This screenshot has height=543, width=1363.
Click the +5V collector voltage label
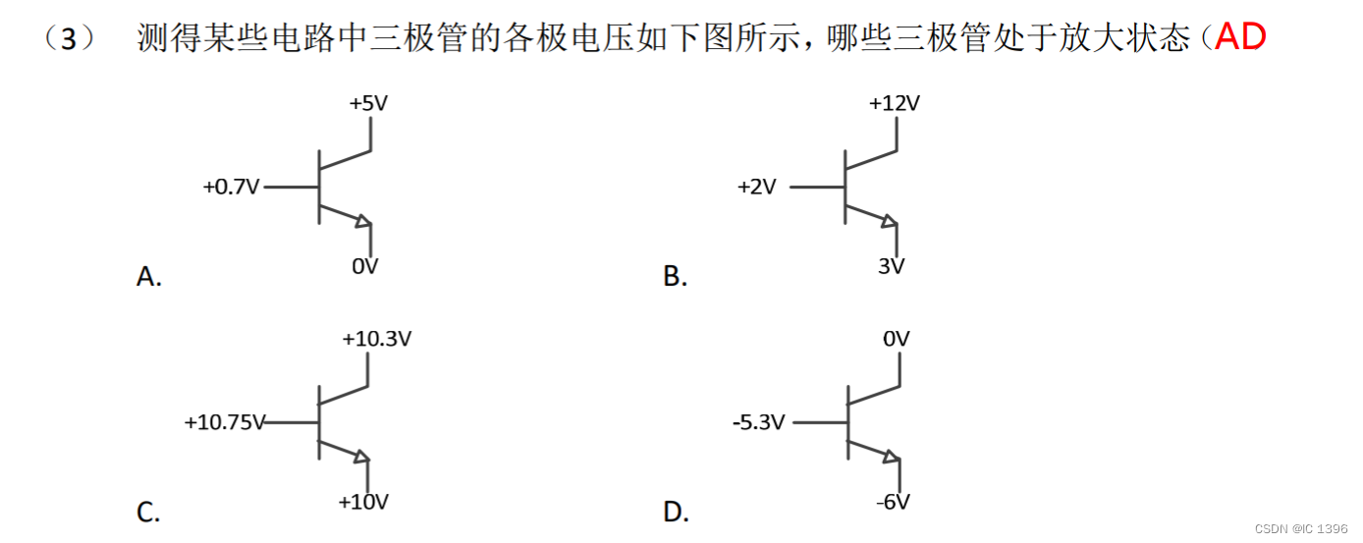pyautogui.click(x=368, y=102)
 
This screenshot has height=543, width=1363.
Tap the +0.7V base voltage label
pyautogui.click(x=232, y=187)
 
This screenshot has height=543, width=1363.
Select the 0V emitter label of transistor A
pyautogui.click(x=365, y=265)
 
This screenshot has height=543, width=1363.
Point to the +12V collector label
pyautogui.click(x=894, y=102)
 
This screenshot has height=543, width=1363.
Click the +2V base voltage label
pyautogui.click(x=756, y=187)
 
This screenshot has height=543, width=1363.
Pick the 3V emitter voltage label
pyautogui.click(x=891, y=265)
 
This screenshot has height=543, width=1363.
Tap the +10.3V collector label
pyautogui.click(x=377, y=339)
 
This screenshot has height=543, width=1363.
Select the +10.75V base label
pyautogui.click(x=225, y=422)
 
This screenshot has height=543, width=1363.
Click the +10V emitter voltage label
pyautogui.click(x=363, y=502)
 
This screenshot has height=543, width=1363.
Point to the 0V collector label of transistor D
pyautogui.click(x=896, y=339)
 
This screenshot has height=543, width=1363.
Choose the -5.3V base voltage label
pyautogui.click(x=759, y=423)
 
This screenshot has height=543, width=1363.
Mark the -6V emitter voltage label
pyautogui.click(x=893, y=502)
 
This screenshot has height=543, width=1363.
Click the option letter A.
pyautogui.click(x=148, y=277)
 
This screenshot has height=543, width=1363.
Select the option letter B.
pyautogui.click(x=675, y=277)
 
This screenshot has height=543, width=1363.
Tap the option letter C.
pyautogui.click(x=148, y=512)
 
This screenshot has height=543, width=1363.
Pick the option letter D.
pyautogui.click(x=676, y=512)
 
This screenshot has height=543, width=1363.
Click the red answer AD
pyautogui.click(x=1240, y=38)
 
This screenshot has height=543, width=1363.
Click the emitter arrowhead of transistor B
pyautogui.click(x=889, y=222)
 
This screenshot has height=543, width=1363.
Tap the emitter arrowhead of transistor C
pyautogui.click(x=360, y=457)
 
